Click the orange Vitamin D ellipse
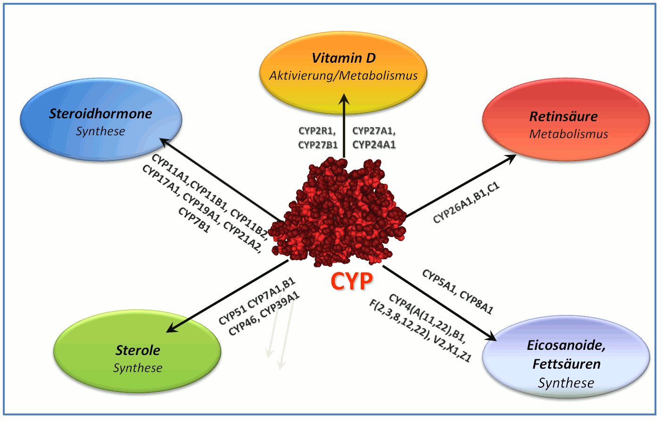pyautogui.click(x=343, y=73)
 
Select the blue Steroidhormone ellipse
pyautogui.click(x=101, y=119)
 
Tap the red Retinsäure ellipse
pyautogui.click(x=566, y=120)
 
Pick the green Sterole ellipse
pyautogui.click(x=137, y=351)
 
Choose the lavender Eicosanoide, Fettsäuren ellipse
pyautogui.click(x=566, y=356)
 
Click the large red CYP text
pyautogui.click(x=352, y=281)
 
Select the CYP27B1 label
pyautogui.click(x=318, y=145)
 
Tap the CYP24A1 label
pyautogui.click(x=374, y=145)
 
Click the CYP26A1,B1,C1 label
pyautogui.click(x=466, y=203)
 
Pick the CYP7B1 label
pyautogui.click(x=194, y=220)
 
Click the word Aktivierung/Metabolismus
pyautogui.click(x=343, y=76)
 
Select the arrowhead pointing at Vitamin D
pyautogui.click(x=344, y=99)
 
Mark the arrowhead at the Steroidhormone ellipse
pyautogui.click(x=166, y=142)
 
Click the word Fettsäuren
pyautogui.click(x=566, y=364)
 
